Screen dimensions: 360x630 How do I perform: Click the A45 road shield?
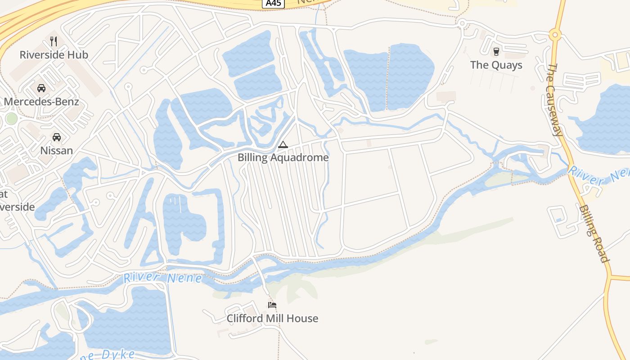[x=273, y=3]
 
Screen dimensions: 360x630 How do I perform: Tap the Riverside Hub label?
[x=54, y=55]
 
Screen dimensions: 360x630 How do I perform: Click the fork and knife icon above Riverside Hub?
[x=54, y=41]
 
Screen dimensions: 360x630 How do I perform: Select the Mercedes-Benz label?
[x=41, y=102]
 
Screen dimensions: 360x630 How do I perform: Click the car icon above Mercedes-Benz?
[x=41, y=88]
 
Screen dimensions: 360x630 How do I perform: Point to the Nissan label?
[x=57, y=150]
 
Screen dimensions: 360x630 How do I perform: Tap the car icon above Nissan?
[x=57, y=137]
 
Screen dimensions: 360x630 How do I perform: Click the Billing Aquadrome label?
[x=283, y=157]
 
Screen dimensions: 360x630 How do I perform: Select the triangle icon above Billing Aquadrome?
[x=283, y=144]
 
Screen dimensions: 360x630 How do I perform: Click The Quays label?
[x=496, y=65]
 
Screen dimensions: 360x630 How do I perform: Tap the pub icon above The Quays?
[x=496, y=51]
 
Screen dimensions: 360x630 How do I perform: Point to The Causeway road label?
[x=554, y=99]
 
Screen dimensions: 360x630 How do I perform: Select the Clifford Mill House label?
[x=272, y=319]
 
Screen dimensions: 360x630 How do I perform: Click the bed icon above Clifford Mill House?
[x=272, y=305]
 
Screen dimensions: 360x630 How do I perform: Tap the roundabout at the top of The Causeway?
[x=555, y=34]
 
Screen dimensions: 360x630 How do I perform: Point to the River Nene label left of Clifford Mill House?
[x=163, y=278]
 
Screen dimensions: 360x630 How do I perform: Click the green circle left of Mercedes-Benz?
[x=12, y=119]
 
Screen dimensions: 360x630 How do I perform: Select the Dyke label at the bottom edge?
[x=112, y=355]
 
